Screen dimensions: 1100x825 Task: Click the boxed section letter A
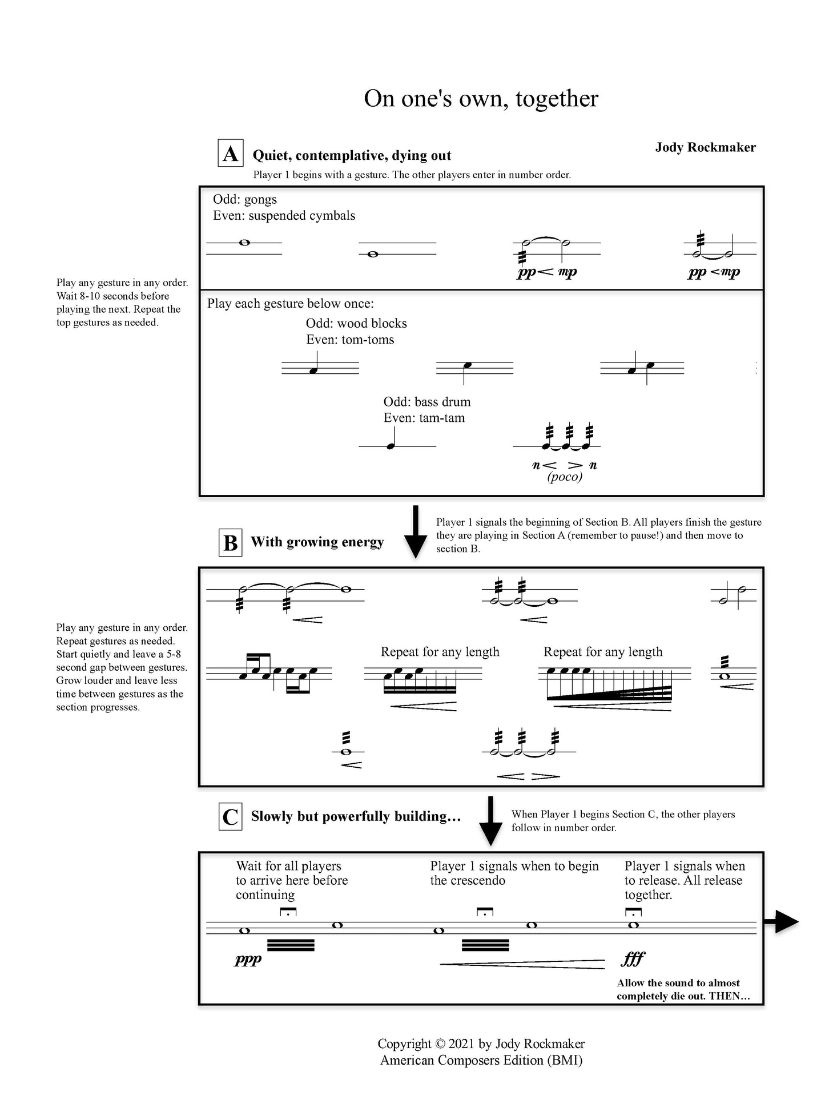(x=231, y=154)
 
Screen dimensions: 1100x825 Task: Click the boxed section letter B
(x=231, y=543)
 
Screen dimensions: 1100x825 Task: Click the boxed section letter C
(x=231, y=817)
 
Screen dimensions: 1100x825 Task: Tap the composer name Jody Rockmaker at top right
(x=705, y=147)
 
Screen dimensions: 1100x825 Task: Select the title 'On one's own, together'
(x=481, y=99)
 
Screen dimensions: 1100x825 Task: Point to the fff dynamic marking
(x=633, y=959)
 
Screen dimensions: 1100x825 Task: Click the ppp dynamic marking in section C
(x=248, y=960)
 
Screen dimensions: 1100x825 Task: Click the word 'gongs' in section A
(x=260, y=199)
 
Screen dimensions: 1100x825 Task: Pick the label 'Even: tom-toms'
(x=350, y=340)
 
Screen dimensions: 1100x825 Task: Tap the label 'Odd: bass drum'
(x=426, y=402)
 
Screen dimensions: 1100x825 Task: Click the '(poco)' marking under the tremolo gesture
(x=565, y=477)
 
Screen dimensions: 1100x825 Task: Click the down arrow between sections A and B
(x=416, y=531)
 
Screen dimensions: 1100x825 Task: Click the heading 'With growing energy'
(x=317, y=542)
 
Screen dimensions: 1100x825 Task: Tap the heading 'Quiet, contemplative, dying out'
(x=352, y=155)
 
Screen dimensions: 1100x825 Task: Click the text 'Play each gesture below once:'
(x=291, y=304)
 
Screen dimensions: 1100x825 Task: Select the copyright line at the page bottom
(x=481, y=1044)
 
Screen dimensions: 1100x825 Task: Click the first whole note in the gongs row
(x=244, y=243)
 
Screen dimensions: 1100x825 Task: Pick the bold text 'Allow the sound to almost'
(x=678, y=983)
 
